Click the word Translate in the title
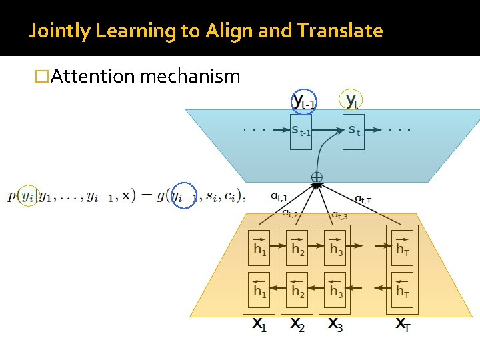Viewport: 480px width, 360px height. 341,31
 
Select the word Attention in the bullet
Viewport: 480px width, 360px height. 93,77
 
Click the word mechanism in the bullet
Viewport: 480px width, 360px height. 190,77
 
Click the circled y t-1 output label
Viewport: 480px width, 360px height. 305,101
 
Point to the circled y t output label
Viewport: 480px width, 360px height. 352,101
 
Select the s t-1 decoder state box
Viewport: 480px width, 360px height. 301,131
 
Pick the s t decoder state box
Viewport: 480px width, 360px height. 354,131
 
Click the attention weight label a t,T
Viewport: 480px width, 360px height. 363,199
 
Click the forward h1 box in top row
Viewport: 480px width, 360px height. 260,246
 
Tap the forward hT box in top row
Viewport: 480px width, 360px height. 403,246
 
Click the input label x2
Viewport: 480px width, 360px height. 298,325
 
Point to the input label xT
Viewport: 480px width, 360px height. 403,325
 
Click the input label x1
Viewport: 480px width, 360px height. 259,325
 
